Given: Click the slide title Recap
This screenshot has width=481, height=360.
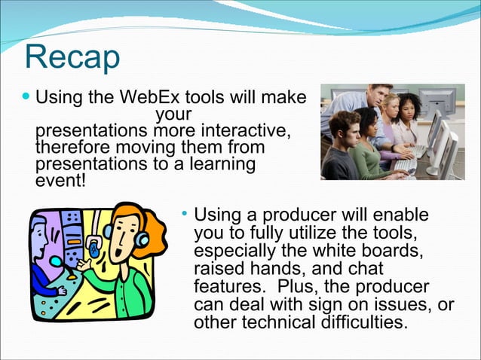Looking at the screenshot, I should click(72, 58).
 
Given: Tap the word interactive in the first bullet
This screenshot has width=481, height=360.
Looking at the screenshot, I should click(243, 131).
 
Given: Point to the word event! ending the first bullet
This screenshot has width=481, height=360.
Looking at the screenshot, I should click(61, 181).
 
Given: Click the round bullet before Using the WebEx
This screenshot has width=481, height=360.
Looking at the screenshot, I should click(28, 98).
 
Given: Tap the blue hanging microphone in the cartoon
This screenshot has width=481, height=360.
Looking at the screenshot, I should click(93, 246).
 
